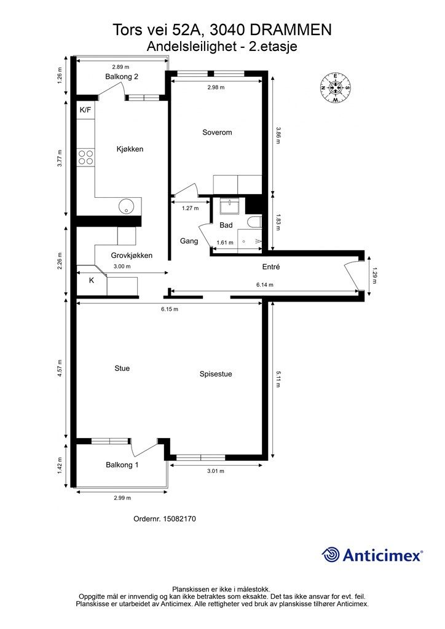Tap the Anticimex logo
click(x=372, y=555)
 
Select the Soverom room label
click(x=217, y=133)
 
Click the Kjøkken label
click(x=130, y=149)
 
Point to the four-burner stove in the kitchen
click(x=85, y=157)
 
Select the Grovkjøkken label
click(x=132, y=256)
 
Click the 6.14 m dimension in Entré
click(x=265, y=285)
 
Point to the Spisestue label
click(x=216, y=374)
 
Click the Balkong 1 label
click(x=122, y=465)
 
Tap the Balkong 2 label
click(x=122, y=77)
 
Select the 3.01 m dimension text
click(x=216, y=471)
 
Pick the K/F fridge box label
click(x=85, y=109)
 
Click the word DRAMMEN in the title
click(x=290, y=29)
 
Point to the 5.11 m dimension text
click(x=278, y=379)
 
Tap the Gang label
click(x=189, y=241)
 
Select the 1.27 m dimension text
click(x=190, y=208)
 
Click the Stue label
click(x=122, y=369)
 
